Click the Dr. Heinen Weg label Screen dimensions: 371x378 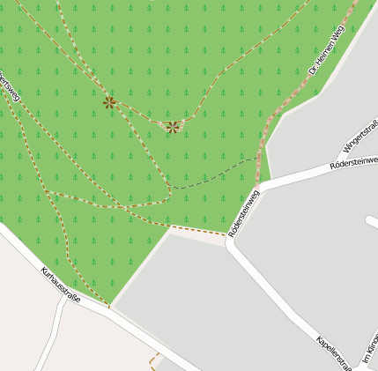tap(325, 48)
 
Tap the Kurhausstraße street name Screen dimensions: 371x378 tap(60, 285)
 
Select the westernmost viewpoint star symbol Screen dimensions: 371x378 tap(109, 102)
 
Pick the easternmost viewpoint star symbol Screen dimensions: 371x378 tap(173, 127)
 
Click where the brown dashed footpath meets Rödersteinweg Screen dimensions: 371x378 tap(226, 236)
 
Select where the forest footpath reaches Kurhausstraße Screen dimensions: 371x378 tap(109, 307)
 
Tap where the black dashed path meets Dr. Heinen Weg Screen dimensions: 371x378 tap(261, 157)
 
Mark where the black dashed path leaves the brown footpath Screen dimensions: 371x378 tap(169, 186)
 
